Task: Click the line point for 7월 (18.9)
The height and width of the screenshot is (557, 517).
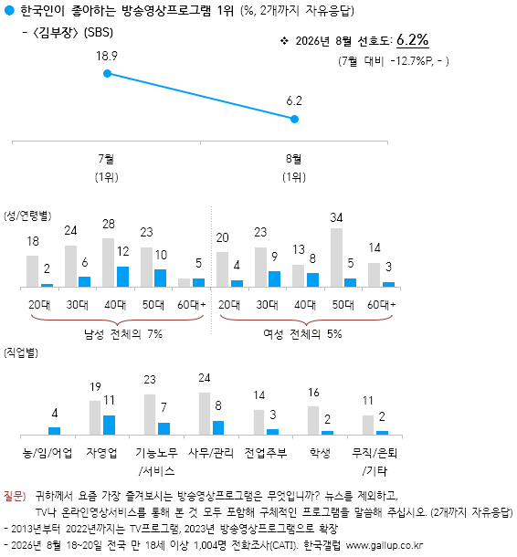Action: [x=107, y=74]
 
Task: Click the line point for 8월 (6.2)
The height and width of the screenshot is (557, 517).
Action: [x=294, y=119]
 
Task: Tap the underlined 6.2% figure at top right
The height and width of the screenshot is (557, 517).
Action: [x=412, y=39]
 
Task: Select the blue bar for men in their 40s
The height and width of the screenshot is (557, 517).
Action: [x=123, y=277]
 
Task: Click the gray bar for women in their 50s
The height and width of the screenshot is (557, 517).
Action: [x=336, y=257]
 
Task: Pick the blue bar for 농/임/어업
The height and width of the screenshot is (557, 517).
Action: [x=55, y=431]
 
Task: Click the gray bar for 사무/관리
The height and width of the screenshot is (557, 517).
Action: [x=205, y=414]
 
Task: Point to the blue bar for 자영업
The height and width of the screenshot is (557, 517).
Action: [x=109, y=425]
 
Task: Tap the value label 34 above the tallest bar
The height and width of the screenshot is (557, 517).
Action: [x=336, y=217]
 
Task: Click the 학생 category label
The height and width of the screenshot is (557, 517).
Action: [x=320, y=453]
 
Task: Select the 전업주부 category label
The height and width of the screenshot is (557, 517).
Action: [x=266, y=453]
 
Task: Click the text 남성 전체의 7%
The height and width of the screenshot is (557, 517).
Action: [x=123, y=334]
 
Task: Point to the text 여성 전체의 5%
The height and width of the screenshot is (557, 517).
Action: [x=302, y=334]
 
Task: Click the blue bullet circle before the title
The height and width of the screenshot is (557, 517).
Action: [x=9, y=11]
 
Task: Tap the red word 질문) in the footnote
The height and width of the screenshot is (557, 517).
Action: [x=15, y=496]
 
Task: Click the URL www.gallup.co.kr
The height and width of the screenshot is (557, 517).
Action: [x=385, y=545]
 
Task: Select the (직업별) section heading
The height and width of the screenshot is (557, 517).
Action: [x=21, y=352]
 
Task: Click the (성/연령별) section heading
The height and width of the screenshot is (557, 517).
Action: [x=27, y=215]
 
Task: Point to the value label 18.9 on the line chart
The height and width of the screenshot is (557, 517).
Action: [x=107, y=56]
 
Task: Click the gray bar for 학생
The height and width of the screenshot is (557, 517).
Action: [x=313, y=420]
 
